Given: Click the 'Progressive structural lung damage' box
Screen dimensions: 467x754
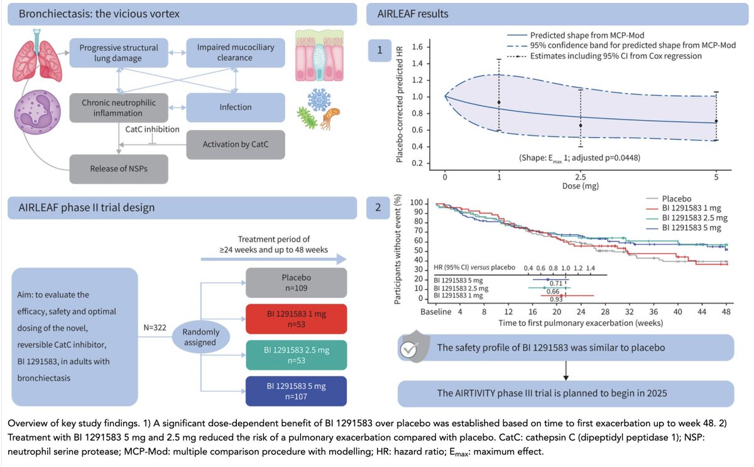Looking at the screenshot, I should tap(119, 53).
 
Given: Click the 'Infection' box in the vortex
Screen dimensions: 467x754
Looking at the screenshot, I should tap(235, 107).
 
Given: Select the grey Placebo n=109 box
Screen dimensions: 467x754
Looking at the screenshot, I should tap(296, 283).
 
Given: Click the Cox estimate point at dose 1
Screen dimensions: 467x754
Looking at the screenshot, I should tap(499, 102).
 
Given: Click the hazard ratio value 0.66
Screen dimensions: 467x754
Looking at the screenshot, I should tap(553, 291).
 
